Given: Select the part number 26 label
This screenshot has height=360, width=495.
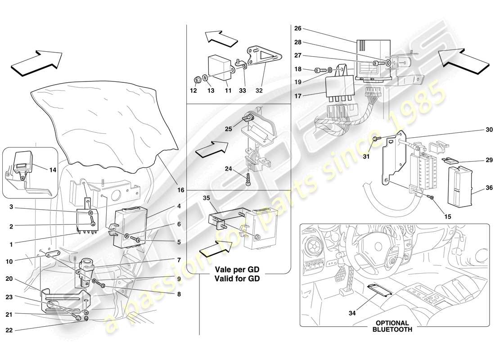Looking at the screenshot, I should pyautogui.click(x=297, y=28).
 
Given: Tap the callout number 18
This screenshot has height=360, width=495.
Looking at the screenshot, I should pyautogui.click(x=297, y=70).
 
